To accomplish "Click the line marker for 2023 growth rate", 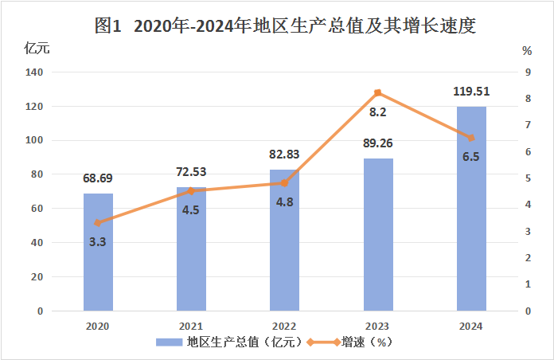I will (378, 92).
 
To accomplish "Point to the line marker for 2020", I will (98, 223).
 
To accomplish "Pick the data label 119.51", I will (471, 91).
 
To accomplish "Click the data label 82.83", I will (284, 155).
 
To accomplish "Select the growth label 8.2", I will (378, 113).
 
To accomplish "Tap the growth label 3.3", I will (98, 241).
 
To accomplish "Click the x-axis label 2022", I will (284, 327).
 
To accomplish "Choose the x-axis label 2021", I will (191, 327).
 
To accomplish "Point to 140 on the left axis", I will (34, 72).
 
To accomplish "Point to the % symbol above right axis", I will (527, 49).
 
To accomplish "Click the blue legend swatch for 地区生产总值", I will (169, 342).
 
